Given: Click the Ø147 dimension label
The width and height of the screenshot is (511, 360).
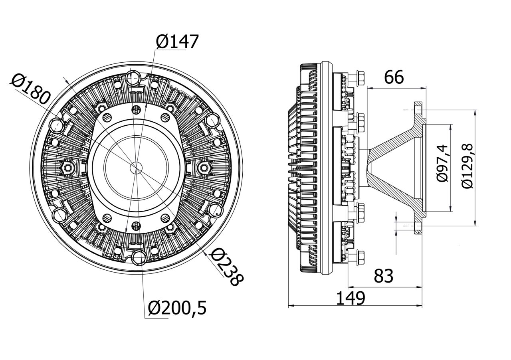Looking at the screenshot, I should click(177, 42).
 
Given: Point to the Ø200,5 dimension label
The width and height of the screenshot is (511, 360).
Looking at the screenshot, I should click(177, 308).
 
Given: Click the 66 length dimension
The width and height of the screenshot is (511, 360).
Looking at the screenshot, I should click(394, 77).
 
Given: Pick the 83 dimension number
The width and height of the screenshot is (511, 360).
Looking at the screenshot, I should click(384, 276).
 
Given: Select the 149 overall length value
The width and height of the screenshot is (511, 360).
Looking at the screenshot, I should click(350, 298).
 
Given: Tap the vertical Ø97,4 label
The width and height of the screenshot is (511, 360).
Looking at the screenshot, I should click(443, 164).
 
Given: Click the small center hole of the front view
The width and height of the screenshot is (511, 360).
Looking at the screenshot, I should click(136, 168).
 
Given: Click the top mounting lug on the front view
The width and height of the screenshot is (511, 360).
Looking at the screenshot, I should click(134, 76).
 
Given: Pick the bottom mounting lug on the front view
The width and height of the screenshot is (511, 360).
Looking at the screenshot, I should click(139, 257).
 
